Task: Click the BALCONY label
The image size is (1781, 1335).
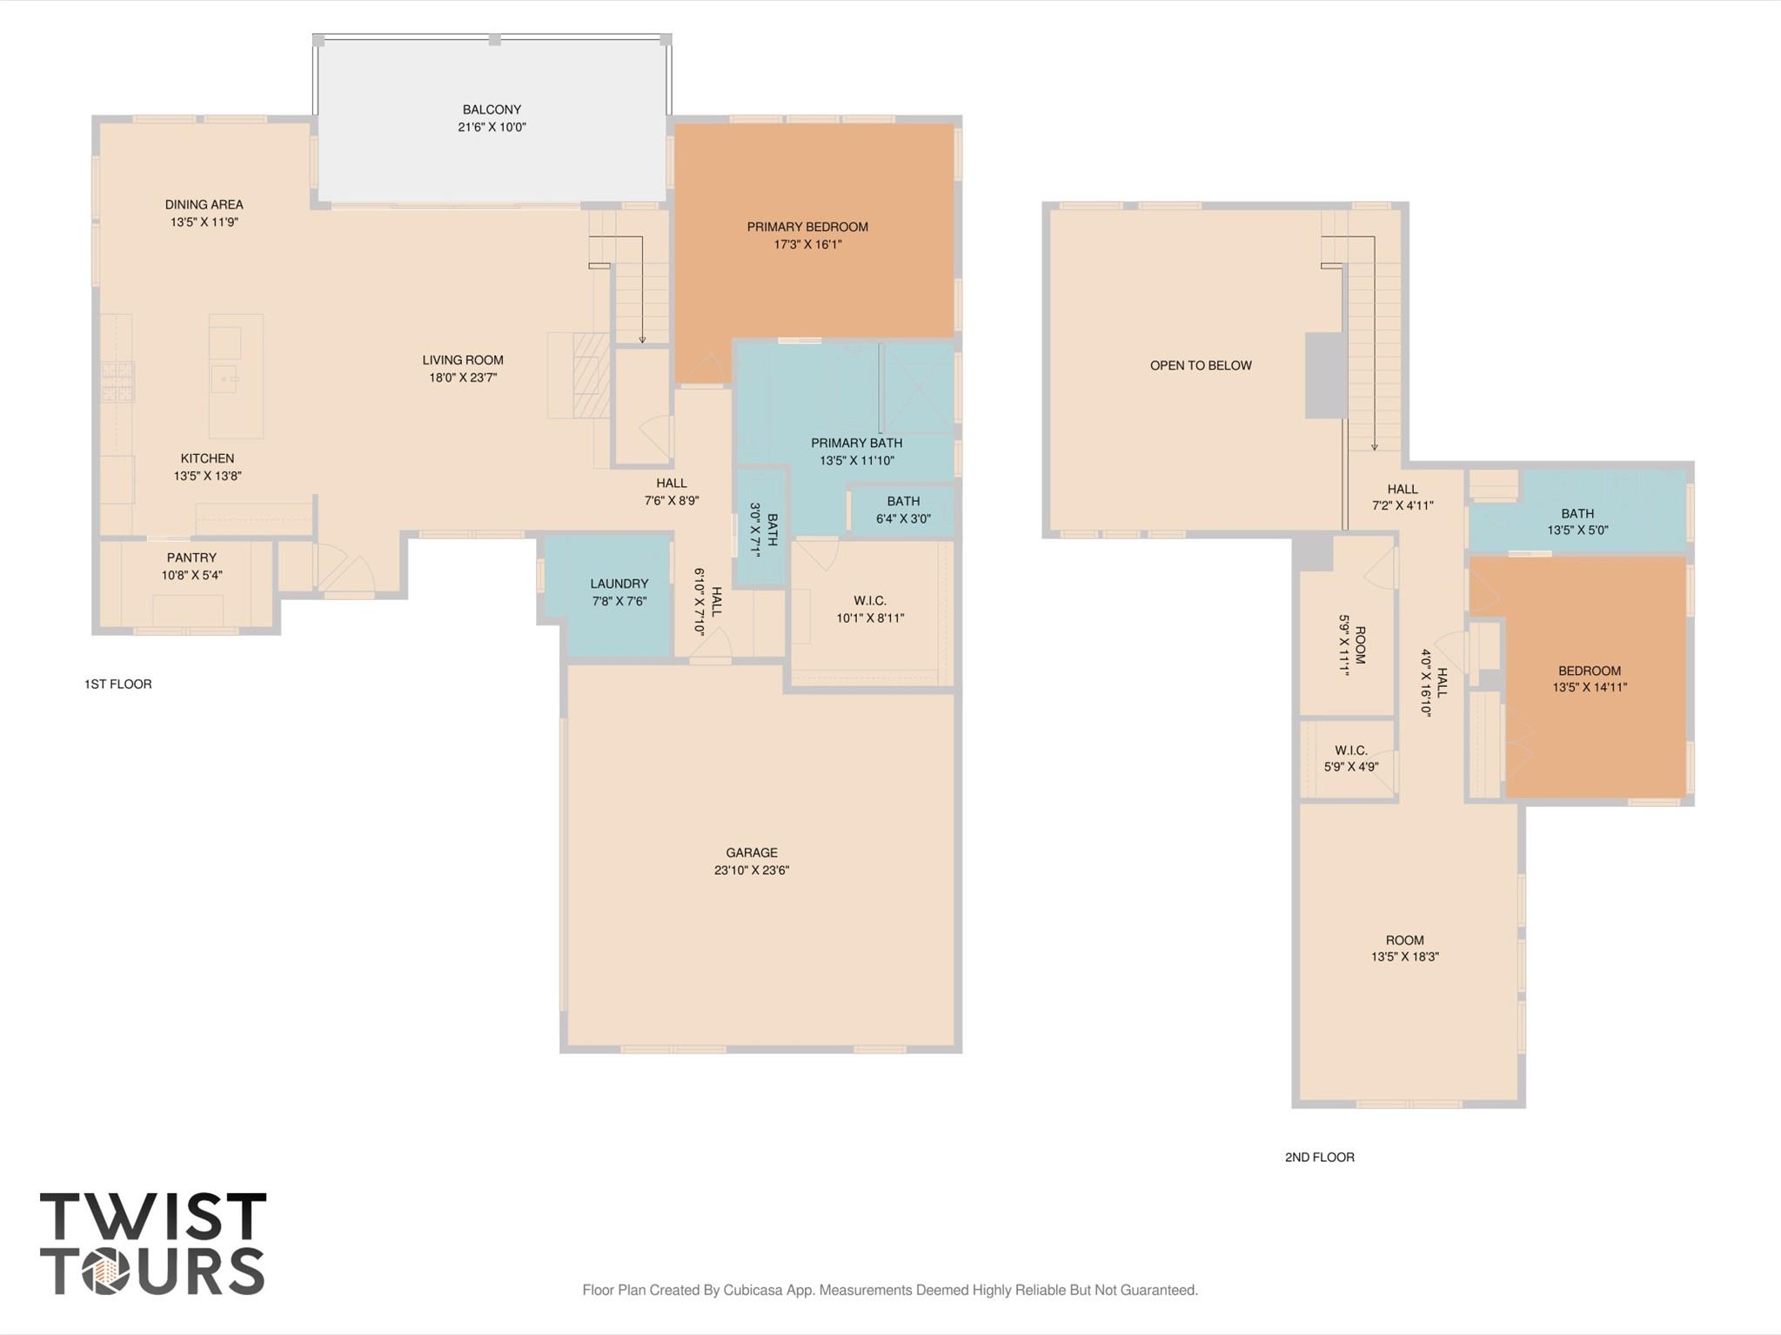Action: pos(492,110)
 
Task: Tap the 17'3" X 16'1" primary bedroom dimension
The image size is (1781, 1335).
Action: pos(807,244)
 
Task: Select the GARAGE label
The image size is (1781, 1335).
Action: pos(752,852)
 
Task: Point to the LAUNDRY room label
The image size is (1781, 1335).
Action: pos(619,584)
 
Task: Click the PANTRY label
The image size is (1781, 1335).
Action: pos(191,557)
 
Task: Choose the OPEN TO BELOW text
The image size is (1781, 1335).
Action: pos(1201,365)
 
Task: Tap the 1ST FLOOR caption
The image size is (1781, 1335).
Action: pos(117,684)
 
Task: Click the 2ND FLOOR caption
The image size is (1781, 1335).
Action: pos(1319,1157)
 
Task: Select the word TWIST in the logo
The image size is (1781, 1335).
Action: pos(153,1218)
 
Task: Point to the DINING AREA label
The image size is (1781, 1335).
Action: pos(204,204)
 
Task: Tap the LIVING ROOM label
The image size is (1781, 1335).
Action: pos(463,360)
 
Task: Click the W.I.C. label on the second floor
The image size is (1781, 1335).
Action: pos(1350,751)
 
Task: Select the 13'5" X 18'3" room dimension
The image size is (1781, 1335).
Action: pos(1404,957)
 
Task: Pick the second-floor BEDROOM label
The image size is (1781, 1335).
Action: pos(1589,671)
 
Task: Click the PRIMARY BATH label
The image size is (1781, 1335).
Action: pos(856,444)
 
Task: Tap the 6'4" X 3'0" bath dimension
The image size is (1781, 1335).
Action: pos(903,518)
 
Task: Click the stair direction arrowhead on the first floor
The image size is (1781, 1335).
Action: pos(642,339)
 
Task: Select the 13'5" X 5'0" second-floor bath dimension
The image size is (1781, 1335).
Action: pos(1577,530)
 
